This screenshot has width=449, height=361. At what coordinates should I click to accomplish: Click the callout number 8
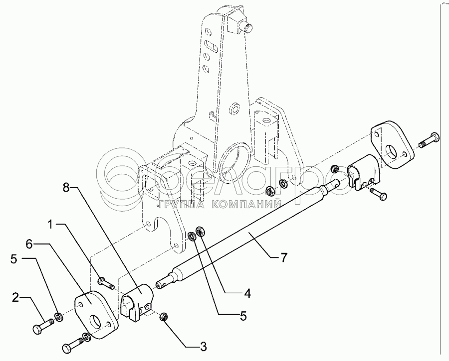tap(66, 188)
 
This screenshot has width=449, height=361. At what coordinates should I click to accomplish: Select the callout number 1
tap(52, 226)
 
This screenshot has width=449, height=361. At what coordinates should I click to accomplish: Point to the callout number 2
tap(15, 298)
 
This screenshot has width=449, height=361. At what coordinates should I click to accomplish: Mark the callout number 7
tap(283, 257)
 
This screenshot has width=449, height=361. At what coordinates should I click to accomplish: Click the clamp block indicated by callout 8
tap(136, 303)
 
